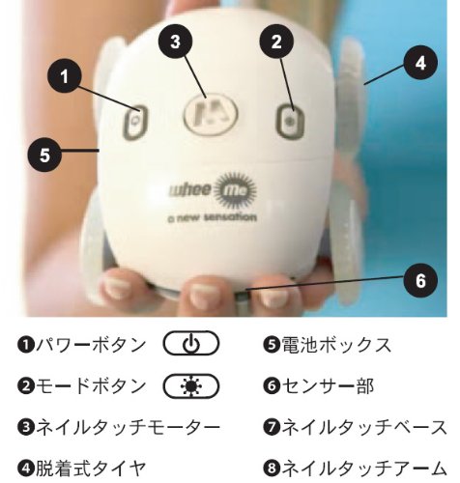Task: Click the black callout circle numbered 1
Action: coord(65,76)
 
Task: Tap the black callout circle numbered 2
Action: coord(276,42)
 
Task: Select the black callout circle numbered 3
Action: coord(175,42)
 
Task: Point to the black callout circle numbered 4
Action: coord(420,63)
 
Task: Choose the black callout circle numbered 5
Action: coord(44,155)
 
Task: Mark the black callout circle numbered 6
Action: coord(420,280)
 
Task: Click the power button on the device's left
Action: coord(135,122)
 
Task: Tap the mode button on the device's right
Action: coord(290,121)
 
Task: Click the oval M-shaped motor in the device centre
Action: coord(211,114)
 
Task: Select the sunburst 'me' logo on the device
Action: coord(235,191)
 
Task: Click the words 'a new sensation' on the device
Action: coord(212,218)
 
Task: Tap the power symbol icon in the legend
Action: coord(191,343)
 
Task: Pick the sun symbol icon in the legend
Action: coord(191,385)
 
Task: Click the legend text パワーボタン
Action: coord(91,344)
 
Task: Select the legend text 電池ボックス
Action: coord(336,344)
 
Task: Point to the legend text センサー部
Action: coord(328,385)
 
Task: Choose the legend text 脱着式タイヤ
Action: coord(91,469)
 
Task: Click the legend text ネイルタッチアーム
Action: coord(364,469)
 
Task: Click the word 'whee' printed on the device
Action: coord(189,190)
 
